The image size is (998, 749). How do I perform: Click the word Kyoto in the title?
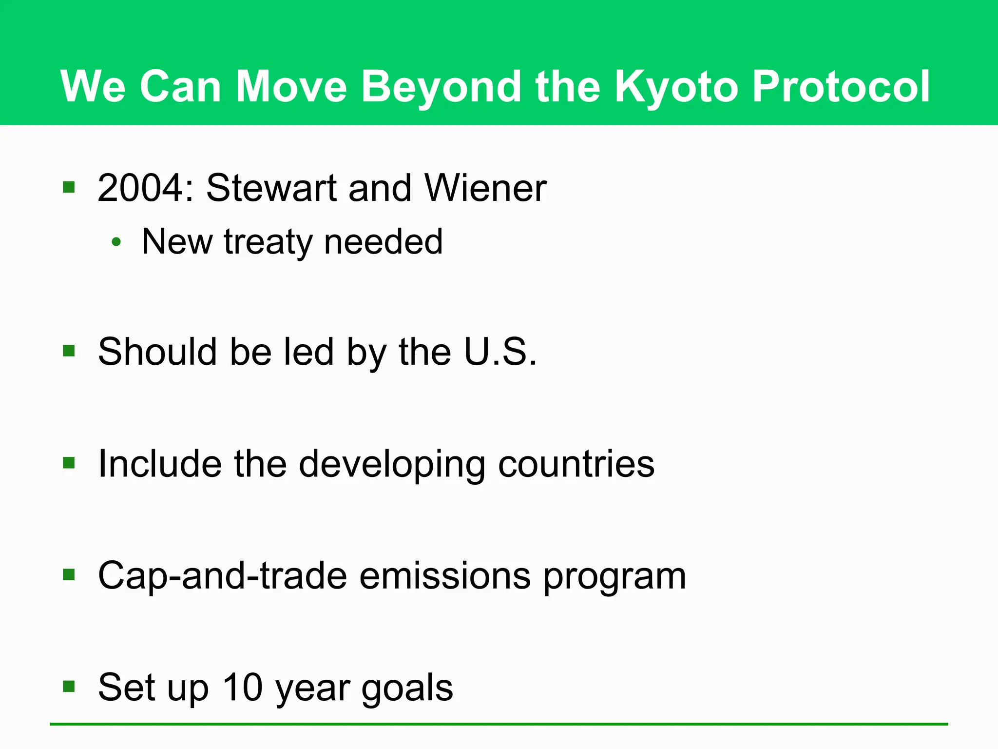pyautogui.click(x=676, y=87)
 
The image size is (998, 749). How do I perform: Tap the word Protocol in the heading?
pyautogui.click(x=841, y=87)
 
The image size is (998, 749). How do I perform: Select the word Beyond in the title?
pyautogui.click(x=441, y=87)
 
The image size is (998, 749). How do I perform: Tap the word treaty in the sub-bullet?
pyautogui.click(x=268, y=242)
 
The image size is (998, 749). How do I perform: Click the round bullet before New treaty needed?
pyautogui.click(x=116, y=242)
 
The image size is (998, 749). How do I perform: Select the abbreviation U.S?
pyautogui.click(x=500, y=352)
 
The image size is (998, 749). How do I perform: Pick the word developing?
pyautogui.click(x=392, y=464)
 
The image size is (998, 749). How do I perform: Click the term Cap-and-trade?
pyautogui.click(x=223, y=576)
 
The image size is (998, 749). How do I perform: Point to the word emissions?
pyautogui.click(x=444, y=576)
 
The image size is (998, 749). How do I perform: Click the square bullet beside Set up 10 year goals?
pyautogui.click(x=69, y=687)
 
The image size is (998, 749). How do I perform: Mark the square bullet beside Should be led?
pyautogui.click(x=69, y=351)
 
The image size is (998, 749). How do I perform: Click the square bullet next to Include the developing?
pyautogui.click(x=69, y=462)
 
